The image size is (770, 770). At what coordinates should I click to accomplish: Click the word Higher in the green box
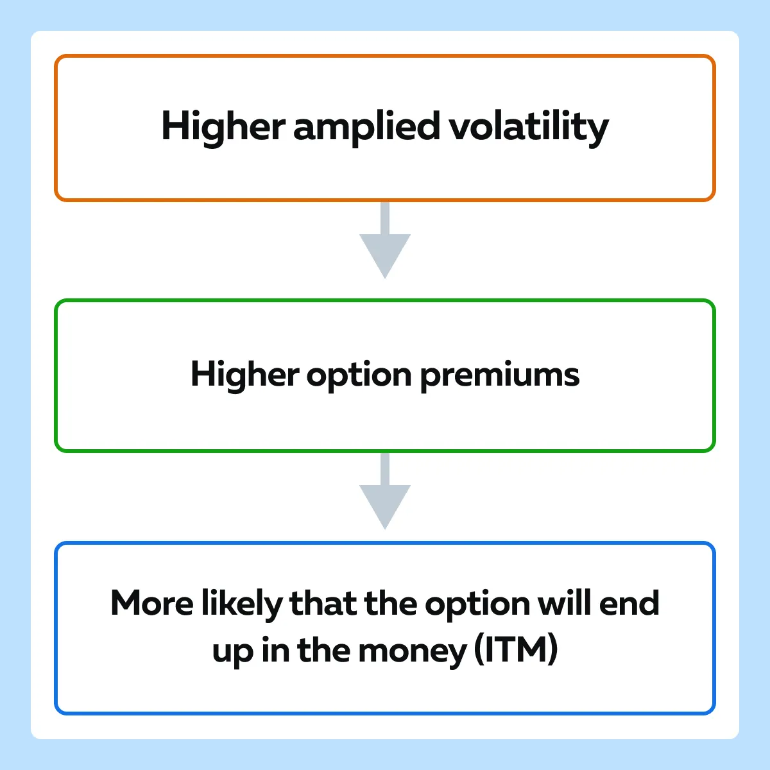click(x=245, y=375)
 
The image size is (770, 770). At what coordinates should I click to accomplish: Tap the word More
click(x=152, y=603)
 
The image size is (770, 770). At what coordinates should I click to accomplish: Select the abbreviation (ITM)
click(x=516, y=649)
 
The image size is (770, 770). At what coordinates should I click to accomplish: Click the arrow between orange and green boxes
click(x=385, y=240)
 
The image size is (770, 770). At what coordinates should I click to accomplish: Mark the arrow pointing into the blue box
click(x=385, y=491)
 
